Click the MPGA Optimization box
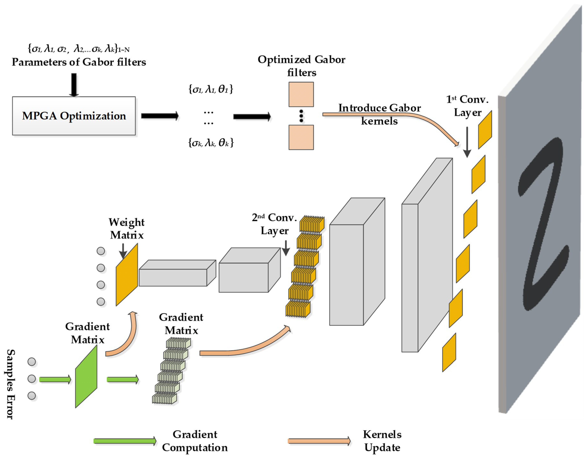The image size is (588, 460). coord(74,116)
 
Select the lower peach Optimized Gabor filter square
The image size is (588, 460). coord(301,137)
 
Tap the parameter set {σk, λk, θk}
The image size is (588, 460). coord(211,143)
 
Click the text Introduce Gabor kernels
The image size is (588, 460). coord(379,114)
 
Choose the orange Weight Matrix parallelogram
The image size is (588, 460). coord(127,275)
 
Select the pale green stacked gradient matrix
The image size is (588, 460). coord(171,372)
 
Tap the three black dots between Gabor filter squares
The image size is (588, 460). coord(301,116)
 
